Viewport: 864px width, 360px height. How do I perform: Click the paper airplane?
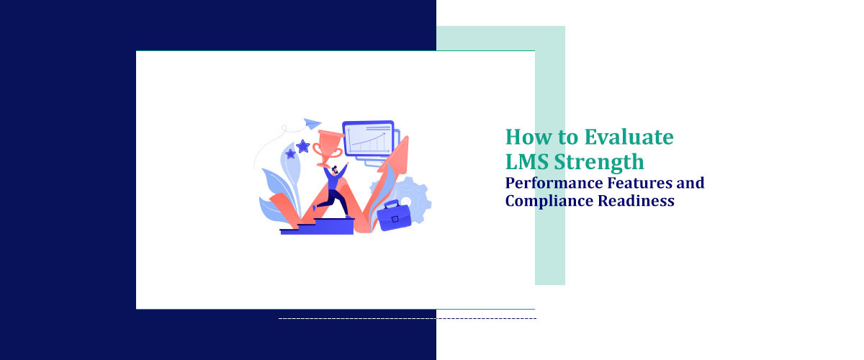[312, 123]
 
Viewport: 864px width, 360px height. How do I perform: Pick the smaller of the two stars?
[290, 154]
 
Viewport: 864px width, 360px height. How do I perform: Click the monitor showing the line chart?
[368, 138]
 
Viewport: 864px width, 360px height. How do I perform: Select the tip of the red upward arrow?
[404, 138]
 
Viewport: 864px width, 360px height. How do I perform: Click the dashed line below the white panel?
[407, 318]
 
